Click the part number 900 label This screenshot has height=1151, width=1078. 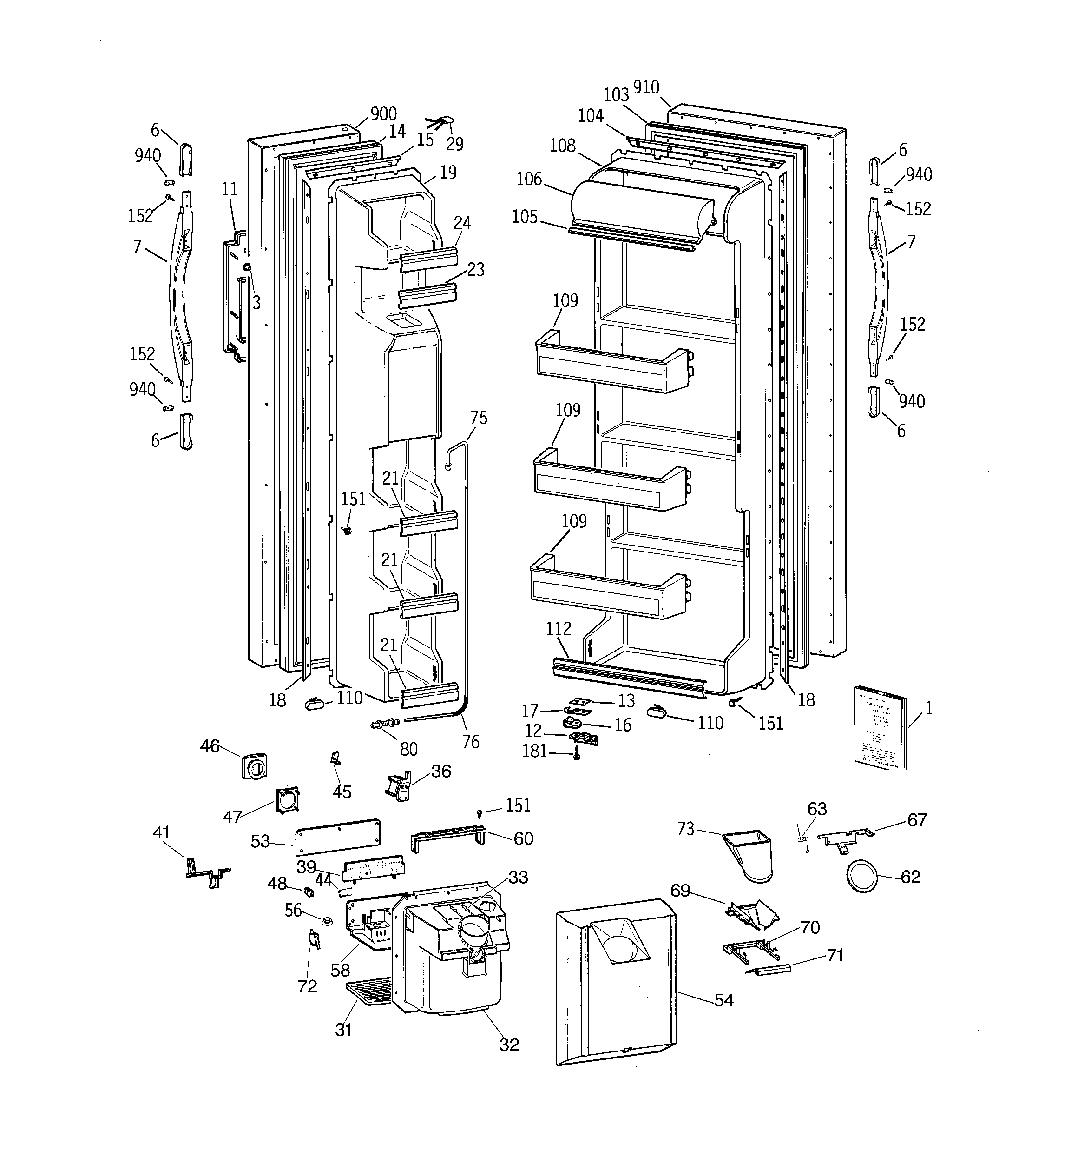383,113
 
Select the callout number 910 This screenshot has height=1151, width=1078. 646,87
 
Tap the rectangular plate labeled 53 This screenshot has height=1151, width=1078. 337,837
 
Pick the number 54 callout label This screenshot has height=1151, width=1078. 723,1000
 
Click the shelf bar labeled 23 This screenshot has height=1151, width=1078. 427,295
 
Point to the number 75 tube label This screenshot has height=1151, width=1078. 479,418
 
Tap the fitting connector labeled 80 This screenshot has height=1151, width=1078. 384,723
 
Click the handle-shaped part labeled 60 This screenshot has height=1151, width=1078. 447,839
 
